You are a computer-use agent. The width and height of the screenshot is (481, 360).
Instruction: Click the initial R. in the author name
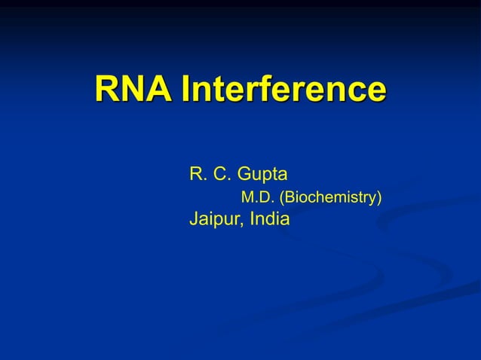click(197, 175)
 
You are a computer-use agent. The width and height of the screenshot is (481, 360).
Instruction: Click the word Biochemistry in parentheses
click(330, 198)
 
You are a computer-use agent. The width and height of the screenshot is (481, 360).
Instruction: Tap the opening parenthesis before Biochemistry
click(282, 199)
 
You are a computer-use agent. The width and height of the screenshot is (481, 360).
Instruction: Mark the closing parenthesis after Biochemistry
click(379, 199)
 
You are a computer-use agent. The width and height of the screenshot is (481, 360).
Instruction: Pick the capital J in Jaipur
click(193, 220)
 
